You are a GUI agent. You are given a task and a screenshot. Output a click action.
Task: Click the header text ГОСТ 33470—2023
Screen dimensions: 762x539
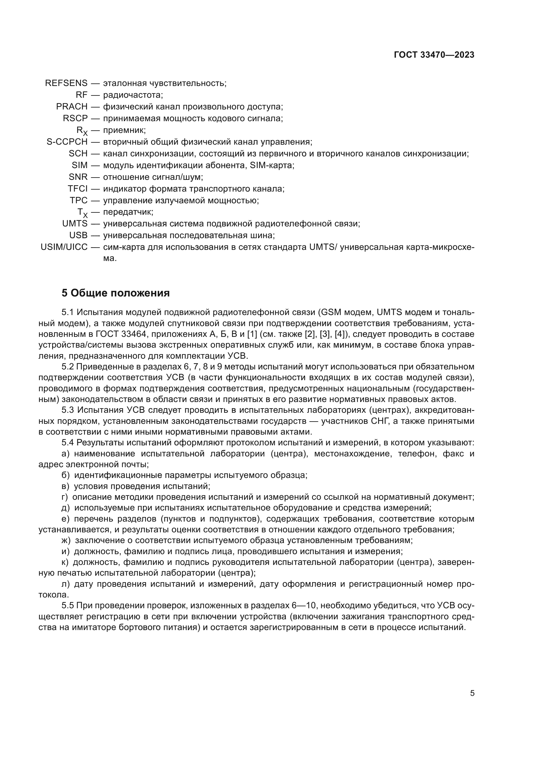pyautogui.click(x=434, y=55)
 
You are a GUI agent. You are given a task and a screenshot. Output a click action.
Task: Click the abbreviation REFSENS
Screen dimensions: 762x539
pyautogui.click(x=66, y=83)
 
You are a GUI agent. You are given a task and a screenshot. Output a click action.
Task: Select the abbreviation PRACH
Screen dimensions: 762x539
pyautogui.click(x=72, y=107)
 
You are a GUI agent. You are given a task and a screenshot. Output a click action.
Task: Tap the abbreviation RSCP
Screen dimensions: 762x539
pyautogui.click(x=75, y=118)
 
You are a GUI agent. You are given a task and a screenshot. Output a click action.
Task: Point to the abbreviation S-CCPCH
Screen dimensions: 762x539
pyautogui.click(x=67, y=142)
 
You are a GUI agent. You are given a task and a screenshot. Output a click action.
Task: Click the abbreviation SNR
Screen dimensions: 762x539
pyautogui.click(x=78, y=177)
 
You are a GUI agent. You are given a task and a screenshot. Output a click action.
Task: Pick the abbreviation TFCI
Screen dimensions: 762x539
pyautogui.click(x=78, y=189)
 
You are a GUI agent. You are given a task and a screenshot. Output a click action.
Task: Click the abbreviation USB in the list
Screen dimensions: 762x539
pyautogui.click(x=78, y=235)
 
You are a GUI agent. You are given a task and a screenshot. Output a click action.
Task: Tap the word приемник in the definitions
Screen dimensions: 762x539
pyautogui.click(x=124, y=130)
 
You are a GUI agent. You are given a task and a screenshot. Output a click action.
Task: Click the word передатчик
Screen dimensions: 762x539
pyautogui.click(x=128, y=212)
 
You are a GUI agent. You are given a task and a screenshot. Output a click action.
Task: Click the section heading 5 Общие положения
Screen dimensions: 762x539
pyautogui.click(x=115, y=293)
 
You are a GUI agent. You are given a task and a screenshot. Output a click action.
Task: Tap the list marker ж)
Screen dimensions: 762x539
pyautogui.click(x=66, y=540)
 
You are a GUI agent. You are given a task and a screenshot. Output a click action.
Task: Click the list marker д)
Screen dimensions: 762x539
pyautogui.click(x=66, y=508)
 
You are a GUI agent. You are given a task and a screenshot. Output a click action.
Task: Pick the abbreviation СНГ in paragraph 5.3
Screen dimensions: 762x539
pyautogui.click(x=377, y=421)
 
